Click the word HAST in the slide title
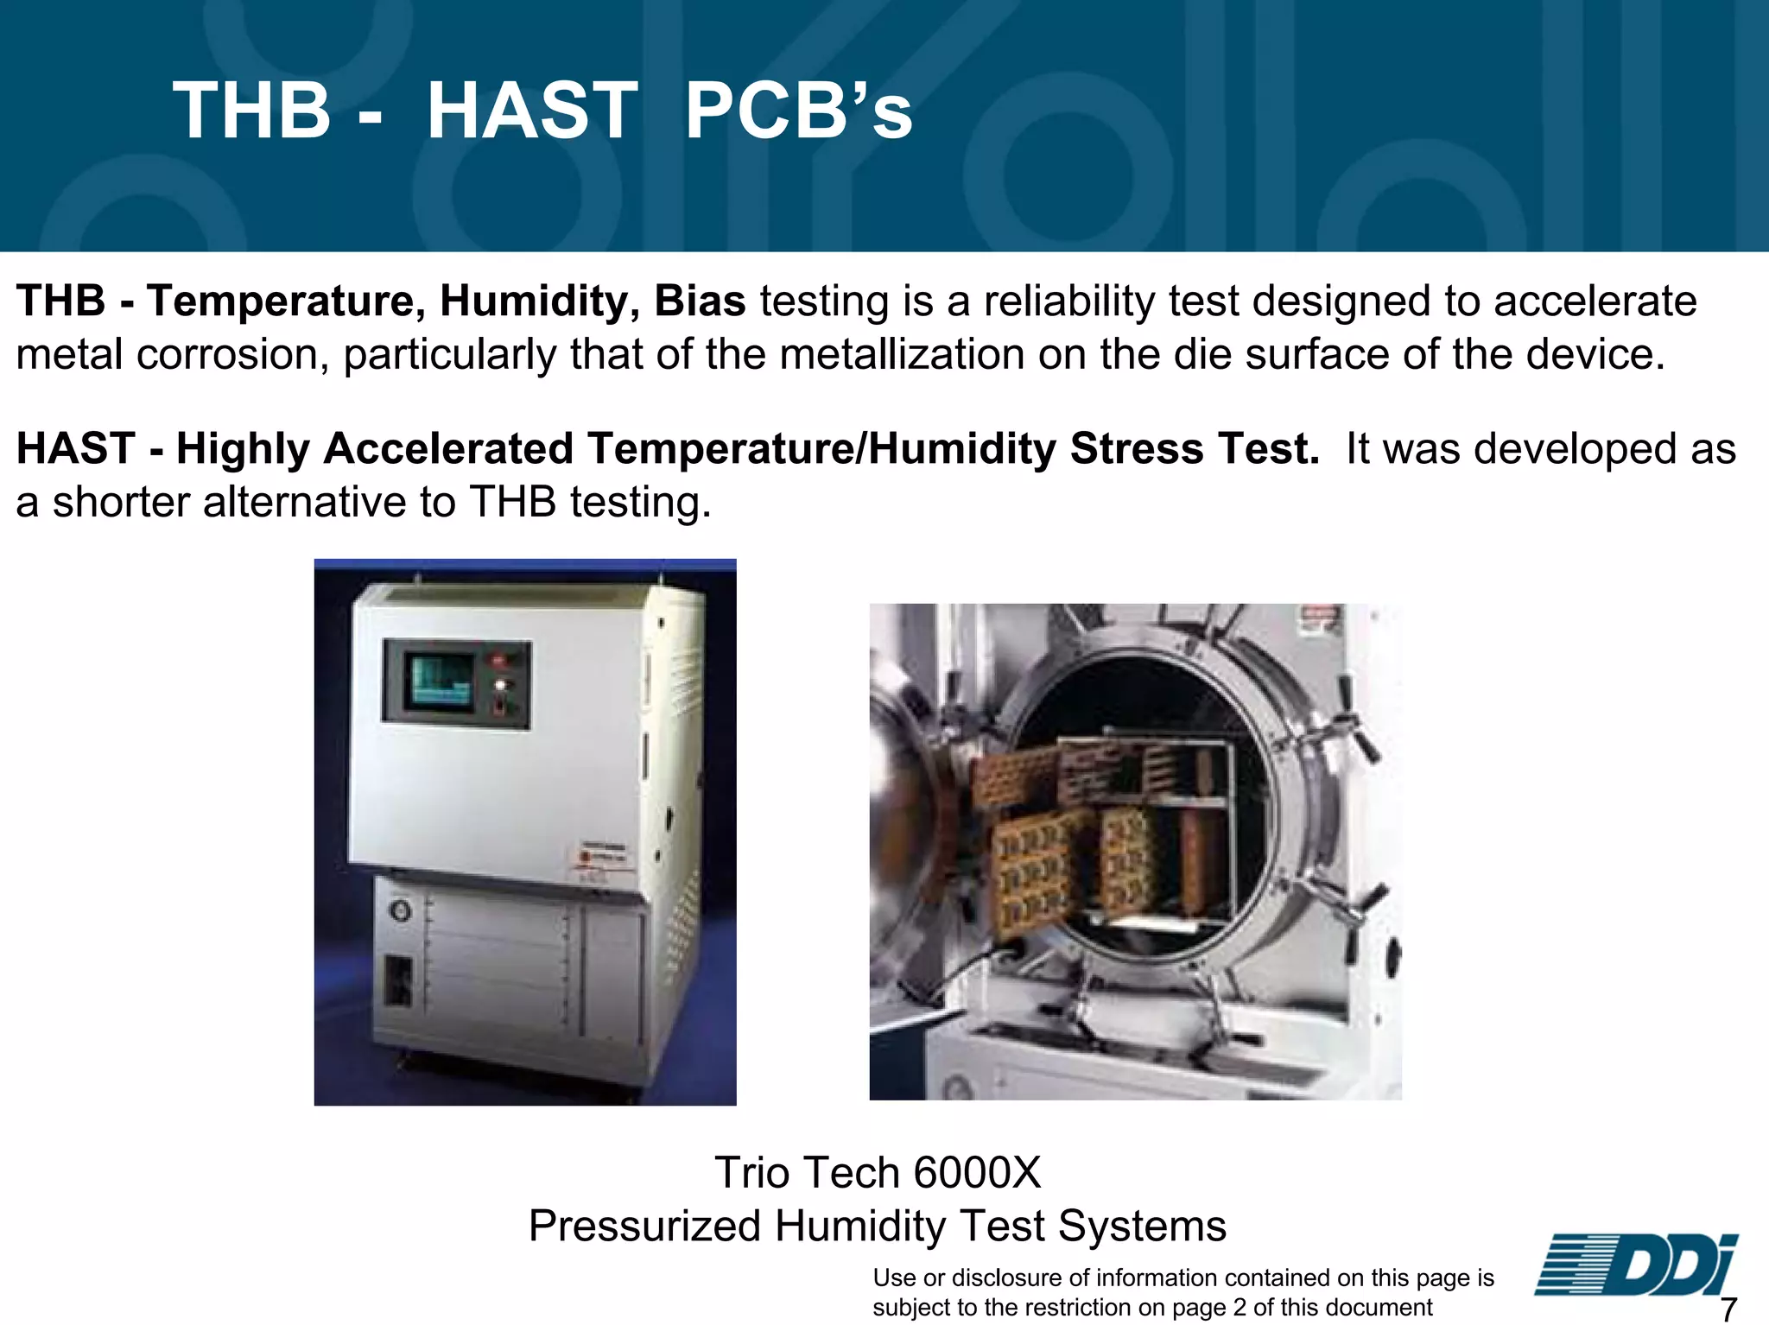coord(532,111)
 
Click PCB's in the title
coord(798,111)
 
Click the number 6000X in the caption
coord(977,1173)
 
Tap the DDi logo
coord(1635,1265)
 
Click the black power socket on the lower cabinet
coord(396,980)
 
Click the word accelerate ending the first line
coord(1595,301)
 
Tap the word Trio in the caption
coord(751,1173)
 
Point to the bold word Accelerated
coord(448,449)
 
